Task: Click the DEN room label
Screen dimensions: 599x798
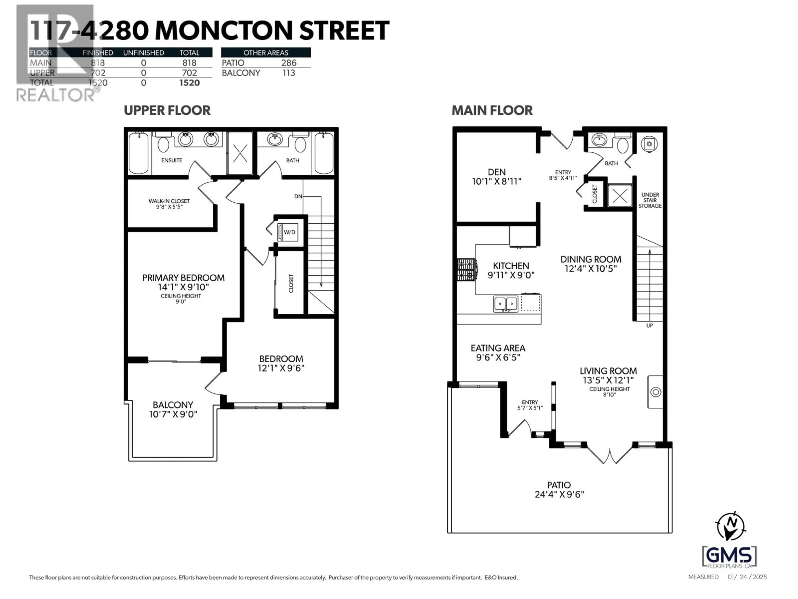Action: pyautogui.click(x=496, y=172)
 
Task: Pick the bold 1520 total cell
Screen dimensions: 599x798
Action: pyautogui.click(x=189, y=83)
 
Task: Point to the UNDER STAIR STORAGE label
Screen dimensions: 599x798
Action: pyautogui.click(x=650, y=200)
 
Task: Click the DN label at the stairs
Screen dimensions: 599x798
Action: pyautogui.click(x=298, y=196)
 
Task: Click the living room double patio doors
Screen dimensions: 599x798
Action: pyautogui.click(x=610, y=455)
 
